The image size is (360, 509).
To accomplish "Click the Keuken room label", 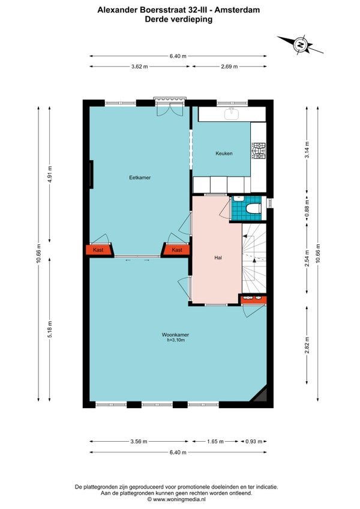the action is pos(224,153).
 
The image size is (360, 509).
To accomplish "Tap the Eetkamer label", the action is pos(140,178).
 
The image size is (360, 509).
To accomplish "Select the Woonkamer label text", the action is pos(175,335).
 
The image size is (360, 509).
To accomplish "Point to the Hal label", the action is pos(218,258).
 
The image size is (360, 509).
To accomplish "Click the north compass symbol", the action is pos(301,44).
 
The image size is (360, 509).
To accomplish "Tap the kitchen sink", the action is pos(232,113).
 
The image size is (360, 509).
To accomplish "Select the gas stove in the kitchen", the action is pos(259,151).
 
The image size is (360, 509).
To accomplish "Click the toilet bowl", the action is pos(254,208).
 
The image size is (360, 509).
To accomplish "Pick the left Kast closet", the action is pos(98,250).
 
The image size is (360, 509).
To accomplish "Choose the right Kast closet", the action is pos(176,250).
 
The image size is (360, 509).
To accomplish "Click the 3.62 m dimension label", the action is pos(140,67).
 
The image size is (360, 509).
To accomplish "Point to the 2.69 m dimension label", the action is pos(230,67).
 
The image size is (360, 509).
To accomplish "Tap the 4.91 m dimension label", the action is pos(50,174).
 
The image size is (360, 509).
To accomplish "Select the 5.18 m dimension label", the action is pos(50,330).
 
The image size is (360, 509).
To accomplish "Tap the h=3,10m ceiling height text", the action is pos(176,340).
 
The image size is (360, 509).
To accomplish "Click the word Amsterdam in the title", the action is pos(237,10).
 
